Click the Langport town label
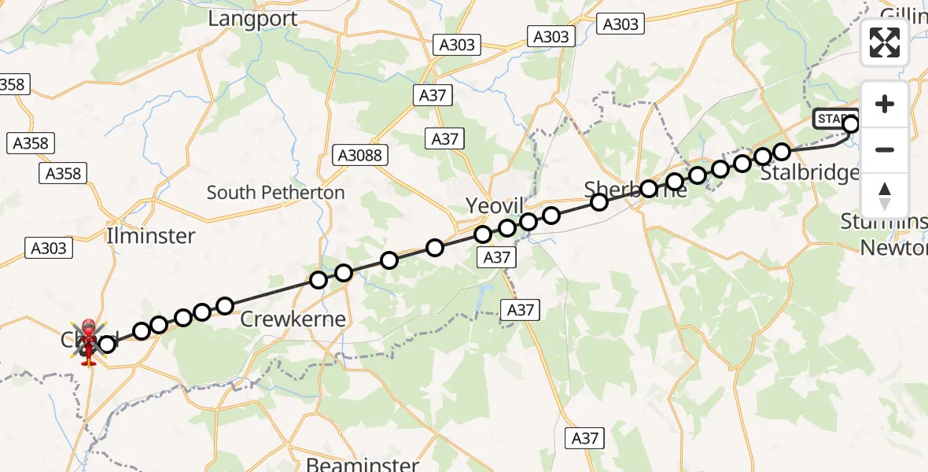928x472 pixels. (x=252, y=19)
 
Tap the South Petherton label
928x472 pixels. (x=275, y=193)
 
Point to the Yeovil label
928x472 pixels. (x=494, y=206)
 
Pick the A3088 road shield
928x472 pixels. (x=360, y=155)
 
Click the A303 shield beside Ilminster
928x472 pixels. (x=49, y=249)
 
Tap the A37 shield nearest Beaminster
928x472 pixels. (x=585, y=438)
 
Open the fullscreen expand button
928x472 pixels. (x=885, y=42)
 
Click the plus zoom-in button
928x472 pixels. (x=885, y=104)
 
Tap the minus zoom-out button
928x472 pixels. (x=885, y=149)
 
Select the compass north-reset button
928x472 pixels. (x=885, y=196)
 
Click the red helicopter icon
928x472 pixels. (x=88, y=343)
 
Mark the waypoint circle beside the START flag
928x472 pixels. (x=851, y=124)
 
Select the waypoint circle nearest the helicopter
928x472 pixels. (x=107, y=343)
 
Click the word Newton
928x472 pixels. (x=893, y=248)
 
